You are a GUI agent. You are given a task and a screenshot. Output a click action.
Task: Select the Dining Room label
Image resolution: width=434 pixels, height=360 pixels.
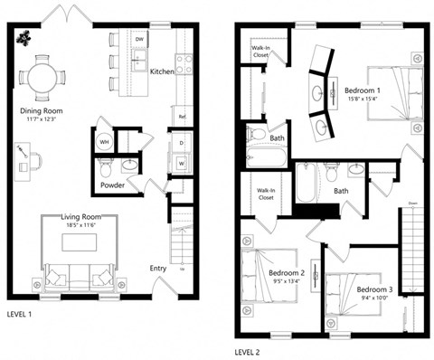41,111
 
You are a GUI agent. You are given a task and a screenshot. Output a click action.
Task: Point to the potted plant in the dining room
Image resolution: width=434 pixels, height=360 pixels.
23,38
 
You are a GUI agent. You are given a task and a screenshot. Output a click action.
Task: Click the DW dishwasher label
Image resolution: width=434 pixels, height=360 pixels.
139,41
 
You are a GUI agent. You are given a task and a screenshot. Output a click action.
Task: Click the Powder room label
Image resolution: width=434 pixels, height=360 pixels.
112,185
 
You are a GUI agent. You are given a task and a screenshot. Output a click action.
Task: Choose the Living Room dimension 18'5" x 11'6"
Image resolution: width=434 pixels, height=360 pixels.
79,226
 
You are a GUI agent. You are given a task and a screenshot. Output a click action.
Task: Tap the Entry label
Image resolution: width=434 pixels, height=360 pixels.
158,268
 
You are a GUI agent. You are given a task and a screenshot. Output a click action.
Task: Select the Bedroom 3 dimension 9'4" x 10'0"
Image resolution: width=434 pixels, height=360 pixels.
373,298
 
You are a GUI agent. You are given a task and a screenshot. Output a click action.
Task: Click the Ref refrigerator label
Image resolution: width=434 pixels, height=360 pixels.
182,117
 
